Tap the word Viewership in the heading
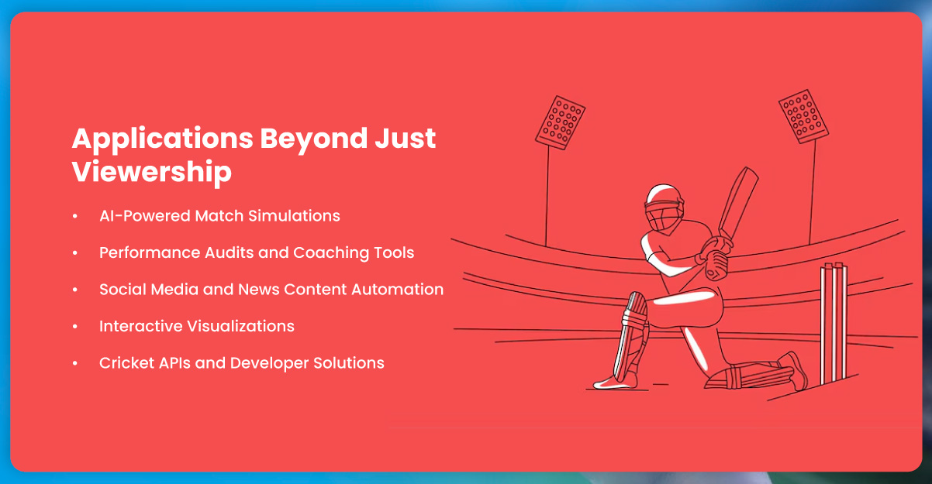click(152, 172)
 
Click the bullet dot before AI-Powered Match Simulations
click(74, 216)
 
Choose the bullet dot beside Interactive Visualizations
click(74, 326)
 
